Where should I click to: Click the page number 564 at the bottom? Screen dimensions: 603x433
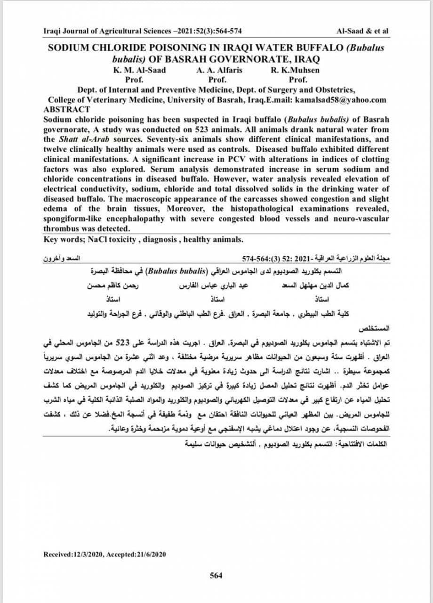pyautogui.click(x=216, y=575)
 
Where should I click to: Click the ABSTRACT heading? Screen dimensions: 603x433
pyautogui.click(x=66, y=108)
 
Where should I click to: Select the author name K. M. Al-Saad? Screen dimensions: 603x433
pyautogui.click(x=139, y=71)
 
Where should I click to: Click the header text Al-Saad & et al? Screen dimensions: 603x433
pyautogui.click(x=363, y=31)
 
